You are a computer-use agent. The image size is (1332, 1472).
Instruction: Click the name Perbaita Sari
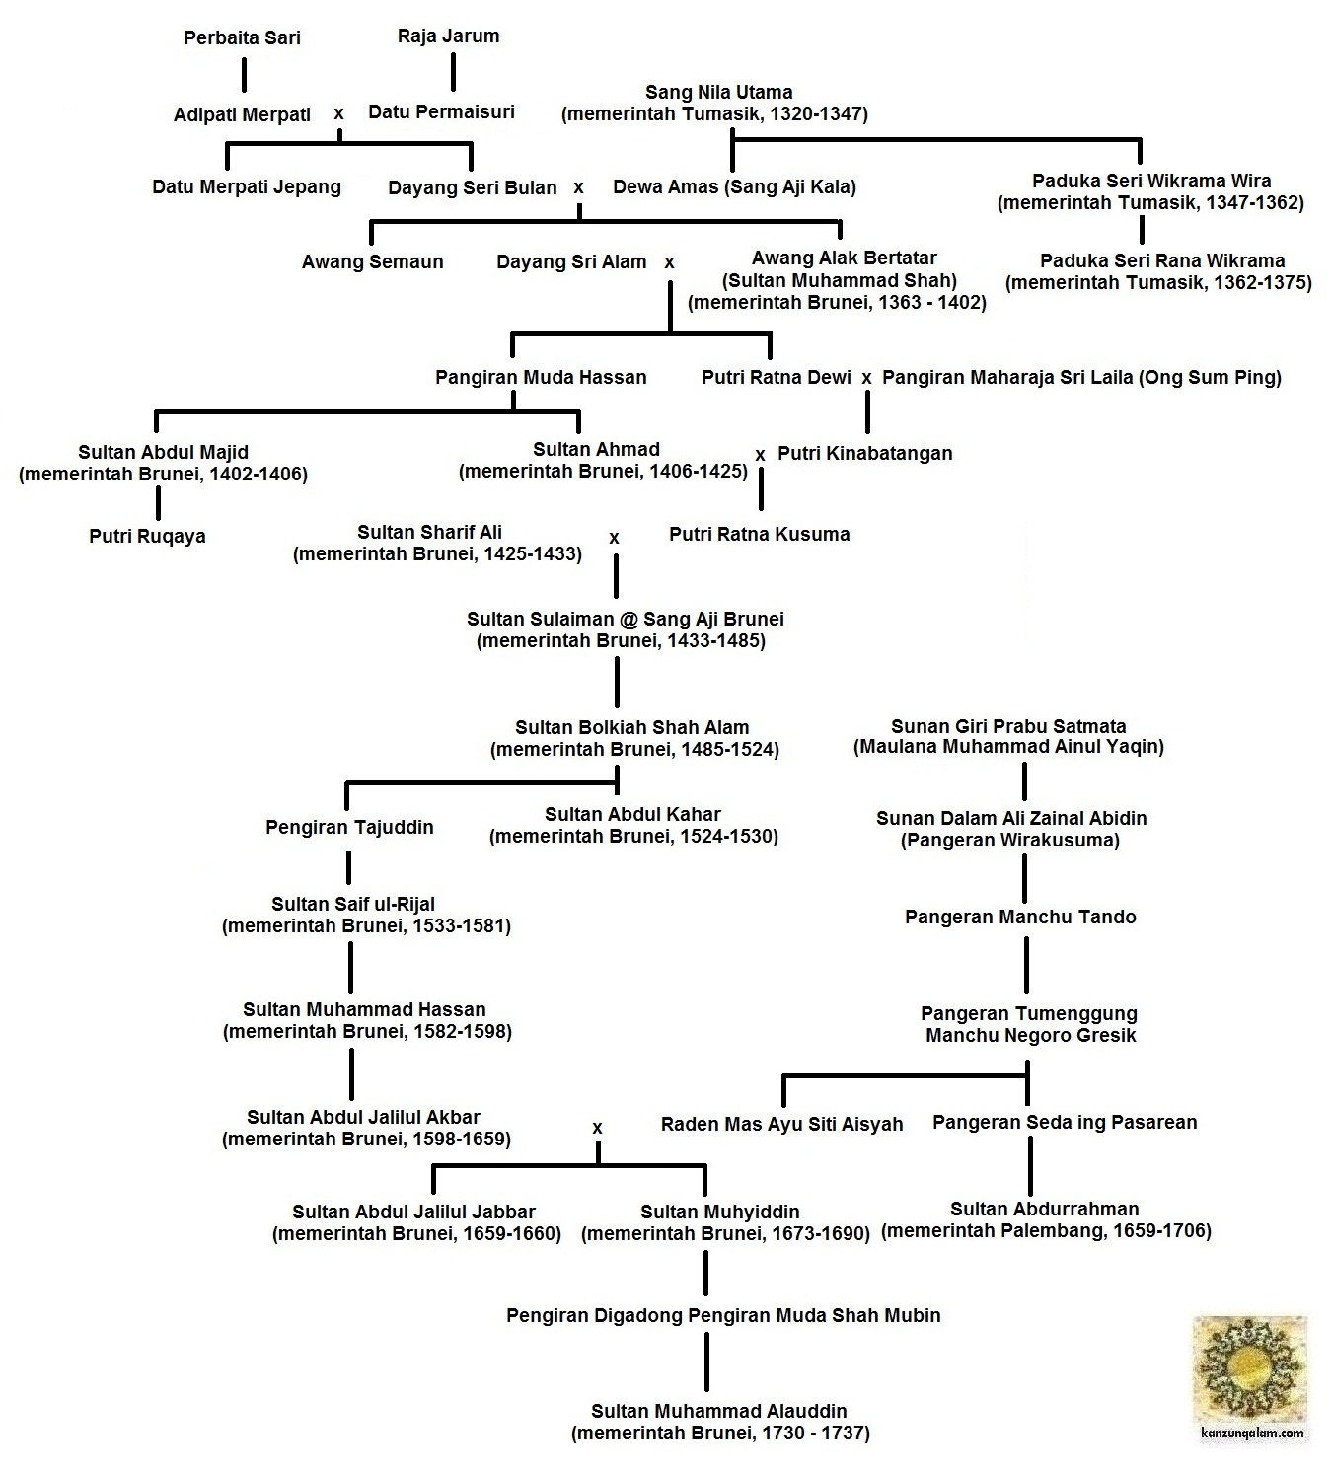tap(242, 38)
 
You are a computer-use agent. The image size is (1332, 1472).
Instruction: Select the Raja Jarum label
tap(448, 37)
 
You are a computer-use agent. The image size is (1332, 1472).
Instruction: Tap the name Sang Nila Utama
tap(718, 93)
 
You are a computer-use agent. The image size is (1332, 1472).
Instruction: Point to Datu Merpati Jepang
tap(247, 187)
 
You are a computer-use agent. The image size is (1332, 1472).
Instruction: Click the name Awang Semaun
tap(372, 262)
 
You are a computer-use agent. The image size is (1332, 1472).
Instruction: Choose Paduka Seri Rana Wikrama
tap(1162, 261)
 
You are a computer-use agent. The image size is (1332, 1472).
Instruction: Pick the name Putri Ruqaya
tap(147, 537)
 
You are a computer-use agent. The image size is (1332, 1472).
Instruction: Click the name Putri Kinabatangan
tap(865, 454)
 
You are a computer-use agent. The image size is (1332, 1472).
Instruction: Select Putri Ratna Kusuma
tap(759, 535)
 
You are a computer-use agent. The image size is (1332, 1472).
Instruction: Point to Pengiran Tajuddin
tap(349, 828)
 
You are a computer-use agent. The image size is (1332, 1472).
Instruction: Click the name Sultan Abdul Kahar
tap(632, 815)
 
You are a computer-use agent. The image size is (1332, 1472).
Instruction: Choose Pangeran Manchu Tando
tap(1020, 918)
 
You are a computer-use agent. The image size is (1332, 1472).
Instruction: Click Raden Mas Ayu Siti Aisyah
tap(781, 1124)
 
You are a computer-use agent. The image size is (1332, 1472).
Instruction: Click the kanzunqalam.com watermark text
tap(1253, 1434)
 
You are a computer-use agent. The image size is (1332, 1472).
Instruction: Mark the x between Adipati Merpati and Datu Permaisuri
tap(339, 113)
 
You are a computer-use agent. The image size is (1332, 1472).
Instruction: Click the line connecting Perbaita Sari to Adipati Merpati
tap(244, 75)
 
